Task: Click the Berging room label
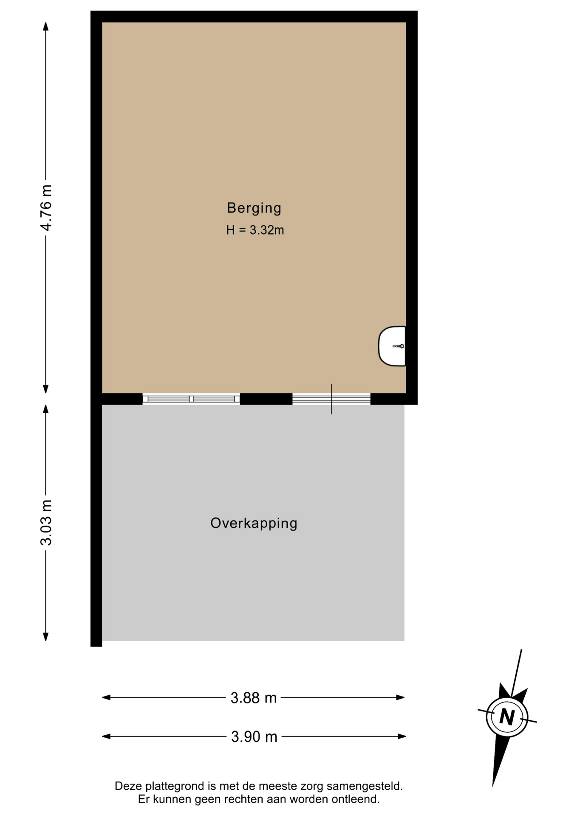click(254, 208)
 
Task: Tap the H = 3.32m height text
click(255, 230)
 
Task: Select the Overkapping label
click(254, 523)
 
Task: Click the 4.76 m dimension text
click(46, 208)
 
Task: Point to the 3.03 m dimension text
click(46, 522)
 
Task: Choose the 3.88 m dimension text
click(254, 697)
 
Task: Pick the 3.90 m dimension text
click(254, 737)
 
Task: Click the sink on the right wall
click(392, 346)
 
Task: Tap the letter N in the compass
click(507, 717)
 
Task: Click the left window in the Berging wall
click(191, 399)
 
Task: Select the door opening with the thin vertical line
click(331, 399)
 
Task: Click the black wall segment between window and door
click(266, 399)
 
